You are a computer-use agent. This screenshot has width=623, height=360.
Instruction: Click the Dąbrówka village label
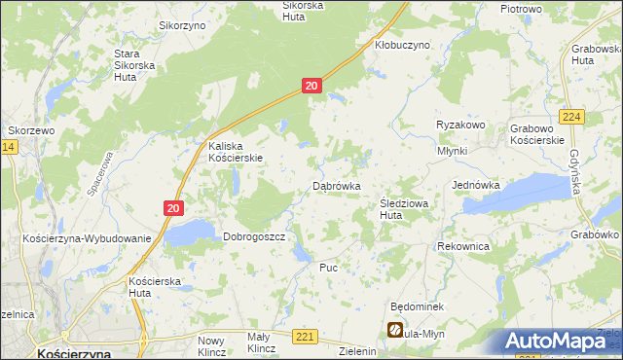337,185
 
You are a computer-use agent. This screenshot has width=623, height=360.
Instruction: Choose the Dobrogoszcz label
253,236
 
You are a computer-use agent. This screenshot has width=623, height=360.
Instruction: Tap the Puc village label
328,267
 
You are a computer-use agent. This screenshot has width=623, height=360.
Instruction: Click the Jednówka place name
476,184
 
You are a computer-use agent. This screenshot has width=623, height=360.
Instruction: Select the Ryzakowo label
460,126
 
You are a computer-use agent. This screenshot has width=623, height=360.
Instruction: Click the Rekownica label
463,247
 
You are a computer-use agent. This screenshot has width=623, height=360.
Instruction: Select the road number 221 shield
306,337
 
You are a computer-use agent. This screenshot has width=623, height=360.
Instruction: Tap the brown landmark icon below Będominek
396,331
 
